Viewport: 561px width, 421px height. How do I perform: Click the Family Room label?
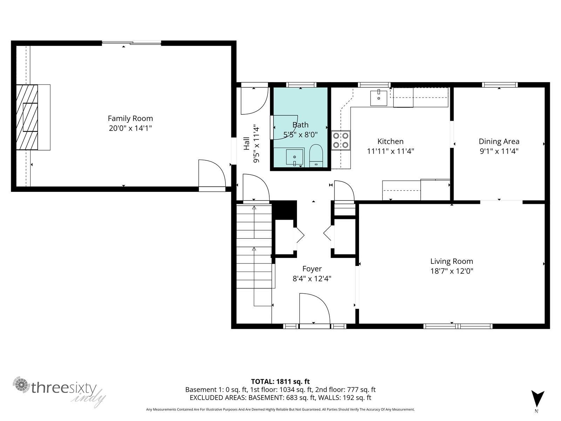[x=130, y=119]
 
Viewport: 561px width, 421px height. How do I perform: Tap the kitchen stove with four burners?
[x=341, y=140]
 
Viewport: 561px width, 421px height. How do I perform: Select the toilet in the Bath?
[x=316, y=156]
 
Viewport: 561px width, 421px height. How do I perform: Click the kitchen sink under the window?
[x=379, y=98]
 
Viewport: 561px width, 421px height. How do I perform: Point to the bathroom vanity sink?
[x=295, y=157]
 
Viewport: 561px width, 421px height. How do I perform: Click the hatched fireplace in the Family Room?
[x=27, y=117]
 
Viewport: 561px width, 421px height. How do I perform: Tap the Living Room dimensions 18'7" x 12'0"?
[x=452, y=271]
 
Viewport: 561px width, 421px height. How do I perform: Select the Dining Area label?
[x=499, y=141]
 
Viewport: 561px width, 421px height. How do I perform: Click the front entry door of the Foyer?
[x=315, y=310]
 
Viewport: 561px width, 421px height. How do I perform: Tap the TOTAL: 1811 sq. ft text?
[x=280, y=381]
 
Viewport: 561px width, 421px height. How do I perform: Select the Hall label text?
[x=247, y=143]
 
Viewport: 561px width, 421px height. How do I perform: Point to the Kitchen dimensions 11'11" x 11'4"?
[x=390, y=151]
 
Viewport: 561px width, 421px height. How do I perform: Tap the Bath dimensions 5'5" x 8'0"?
[x=300, y=134]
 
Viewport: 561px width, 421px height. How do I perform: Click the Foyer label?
[x=312, y=269]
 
